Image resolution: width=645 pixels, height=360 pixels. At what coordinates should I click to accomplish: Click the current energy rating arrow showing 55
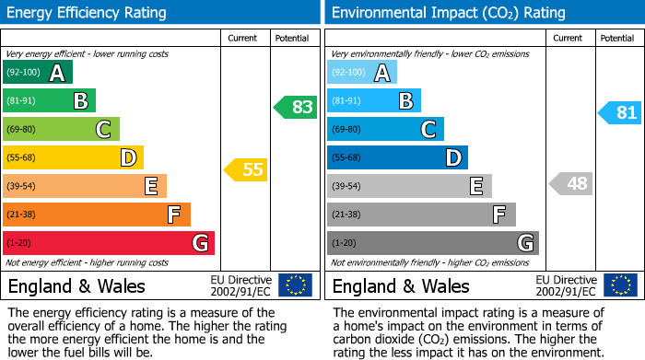click(245, 169)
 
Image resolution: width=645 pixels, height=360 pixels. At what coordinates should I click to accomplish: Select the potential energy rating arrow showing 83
click(295, 107)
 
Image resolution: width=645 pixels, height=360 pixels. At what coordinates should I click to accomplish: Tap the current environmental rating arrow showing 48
click(570, 183)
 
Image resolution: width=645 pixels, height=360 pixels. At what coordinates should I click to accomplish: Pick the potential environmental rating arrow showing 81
click(619, 113)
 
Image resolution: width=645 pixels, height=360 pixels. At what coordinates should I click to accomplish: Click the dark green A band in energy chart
click(37, 72)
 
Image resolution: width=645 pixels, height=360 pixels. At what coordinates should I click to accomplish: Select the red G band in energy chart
click(109, 243)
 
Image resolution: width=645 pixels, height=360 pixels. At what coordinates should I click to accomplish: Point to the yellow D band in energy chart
click(73, 157)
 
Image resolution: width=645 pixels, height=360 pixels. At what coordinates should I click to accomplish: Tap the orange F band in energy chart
click(97, 215)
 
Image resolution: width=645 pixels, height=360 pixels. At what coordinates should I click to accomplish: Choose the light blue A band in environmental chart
click(362, 72)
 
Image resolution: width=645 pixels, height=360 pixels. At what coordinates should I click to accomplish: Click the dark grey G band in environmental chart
click(432, 243)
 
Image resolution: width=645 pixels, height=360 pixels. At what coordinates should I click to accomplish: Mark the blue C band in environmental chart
click(385, 129)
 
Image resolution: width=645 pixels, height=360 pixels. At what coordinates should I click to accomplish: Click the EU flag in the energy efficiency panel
click(295, 285)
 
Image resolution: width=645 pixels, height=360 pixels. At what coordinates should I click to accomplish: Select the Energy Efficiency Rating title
click(88, 13)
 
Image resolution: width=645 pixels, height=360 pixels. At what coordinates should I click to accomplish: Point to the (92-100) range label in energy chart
click(24, 73)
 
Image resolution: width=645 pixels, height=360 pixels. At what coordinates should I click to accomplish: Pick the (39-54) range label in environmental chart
click(347, 187)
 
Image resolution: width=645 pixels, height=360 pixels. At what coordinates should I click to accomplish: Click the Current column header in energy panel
click(243, 38)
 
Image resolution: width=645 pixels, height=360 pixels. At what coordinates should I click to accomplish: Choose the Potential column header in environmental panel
click(617, 38)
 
